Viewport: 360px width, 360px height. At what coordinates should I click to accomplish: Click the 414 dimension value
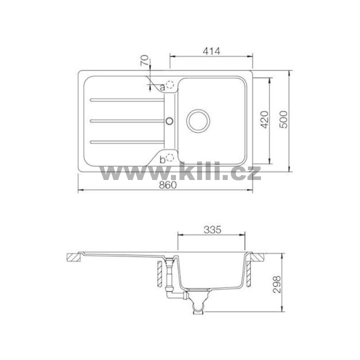(211, 51)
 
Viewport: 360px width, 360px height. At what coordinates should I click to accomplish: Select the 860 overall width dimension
(168, 185)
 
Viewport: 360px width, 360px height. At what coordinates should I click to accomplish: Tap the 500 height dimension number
(284, 119)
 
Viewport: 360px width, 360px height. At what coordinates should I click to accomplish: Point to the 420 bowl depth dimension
(265, 119)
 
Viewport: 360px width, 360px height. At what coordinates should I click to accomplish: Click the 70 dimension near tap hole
(144, 61)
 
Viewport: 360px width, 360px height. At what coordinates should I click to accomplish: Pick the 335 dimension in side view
(212, 230)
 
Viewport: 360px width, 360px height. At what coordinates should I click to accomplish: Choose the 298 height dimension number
(277, 284)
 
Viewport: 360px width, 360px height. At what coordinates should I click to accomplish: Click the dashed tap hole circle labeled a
(171, 85)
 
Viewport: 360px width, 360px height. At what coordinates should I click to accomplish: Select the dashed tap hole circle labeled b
(171, 157)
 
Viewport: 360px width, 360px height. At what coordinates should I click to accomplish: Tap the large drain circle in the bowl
(198, 121)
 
